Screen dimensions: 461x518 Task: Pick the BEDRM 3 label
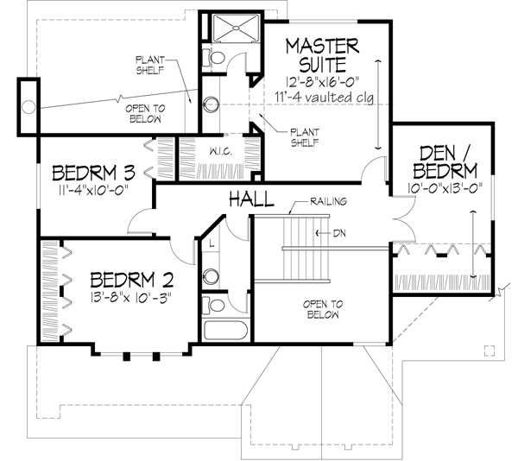click(x=94, y=170)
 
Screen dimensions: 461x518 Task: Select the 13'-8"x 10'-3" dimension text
click(x=132, y=299)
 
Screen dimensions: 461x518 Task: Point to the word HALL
click(x=251, y=200)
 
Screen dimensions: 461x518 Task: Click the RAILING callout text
click(x=329, y=202)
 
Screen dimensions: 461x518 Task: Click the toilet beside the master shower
click(x=215, y=58)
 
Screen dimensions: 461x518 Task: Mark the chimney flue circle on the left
click(x=28, y=107)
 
